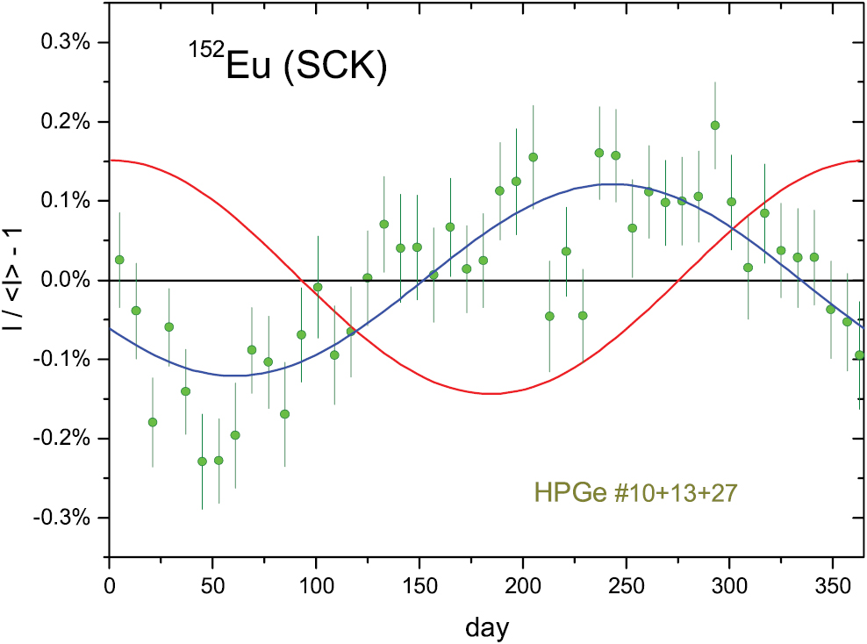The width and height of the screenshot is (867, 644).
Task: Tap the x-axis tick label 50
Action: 212,584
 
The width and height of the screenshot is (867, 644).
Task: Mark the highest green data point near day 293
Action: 715,125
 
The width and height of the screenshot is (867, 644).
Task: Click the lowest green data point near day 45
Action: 202,461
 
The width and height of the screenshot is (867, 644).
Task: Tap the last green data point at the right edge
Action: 860,354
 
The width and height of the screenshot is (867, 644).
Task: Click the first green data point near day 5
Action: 119,260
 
